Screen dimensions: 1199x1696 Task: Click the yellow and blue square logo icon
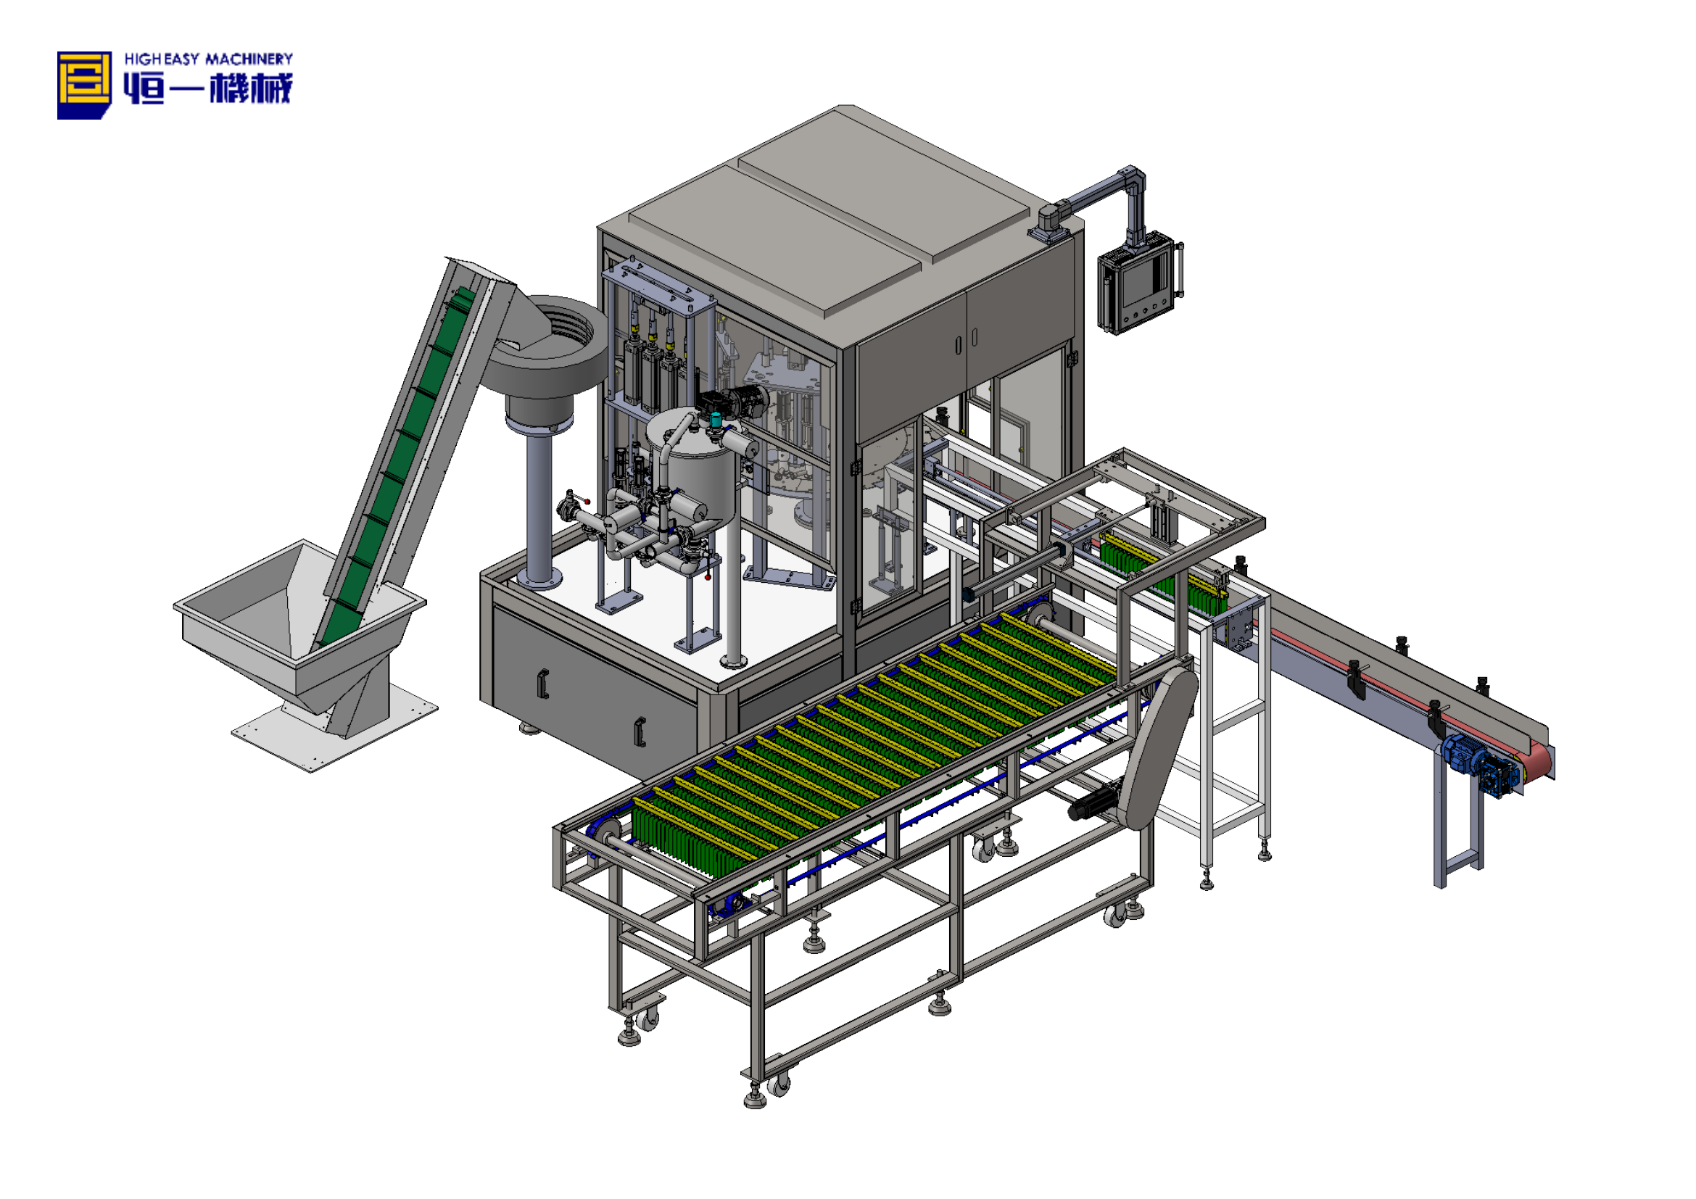pos(84,84)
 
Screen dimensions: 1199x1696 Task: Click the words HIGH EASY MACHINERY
pos(208,59)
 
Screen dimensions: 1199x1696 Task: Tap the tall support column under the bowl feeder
pos(540,510)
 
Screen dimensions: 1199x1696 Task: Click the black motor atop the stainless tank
pos(732,402)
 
